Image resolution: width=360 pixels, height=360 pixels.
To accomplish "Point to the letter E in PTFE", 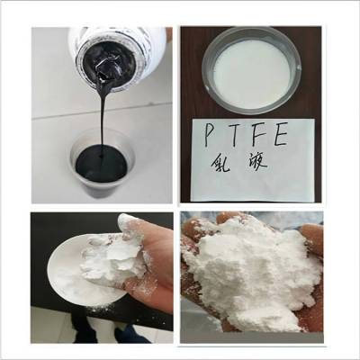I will (x=291, y=136).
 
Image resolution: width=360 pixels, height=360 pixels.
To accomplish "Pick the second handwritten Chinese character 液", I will (x=266, y=169).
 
